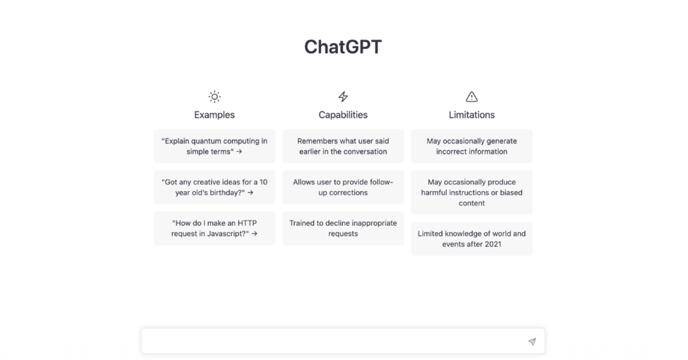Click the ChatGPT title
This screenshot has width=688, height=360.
343,47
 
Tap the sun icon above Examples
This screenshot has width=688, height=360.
215,96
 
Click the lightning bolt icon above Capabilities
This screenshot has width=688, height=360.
343,96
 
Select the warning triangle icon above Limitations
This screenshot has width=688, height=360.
472,96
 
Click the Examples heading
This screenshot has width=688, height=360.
215,115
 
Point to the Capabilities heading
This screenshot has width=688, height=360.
343,115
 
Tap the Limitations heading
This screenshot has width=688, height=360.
472,115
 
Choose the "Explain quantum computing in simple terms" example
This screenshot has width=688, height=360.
215,146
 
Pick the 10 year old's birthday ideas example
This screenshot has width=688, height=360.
215,187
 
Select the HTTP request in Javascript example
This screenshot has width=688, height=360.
215,229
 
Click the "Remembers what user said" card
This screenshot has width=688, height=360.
343,146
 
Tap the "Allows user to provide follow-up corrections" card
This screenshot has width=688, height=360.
343,187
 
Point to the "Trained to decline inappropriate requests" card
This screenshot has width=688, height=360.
343,229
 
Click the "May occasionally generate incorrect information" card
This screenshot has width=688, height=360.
472,146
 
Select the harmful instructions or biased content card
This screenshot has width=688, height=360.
472,192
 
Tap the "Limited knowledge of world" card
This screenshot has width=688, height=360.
472,239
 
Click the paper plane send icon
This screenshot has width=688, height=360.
532,342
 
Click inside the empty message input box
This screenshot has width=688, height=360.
333,341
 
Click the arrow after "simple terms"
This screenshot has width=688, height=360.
239,152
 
